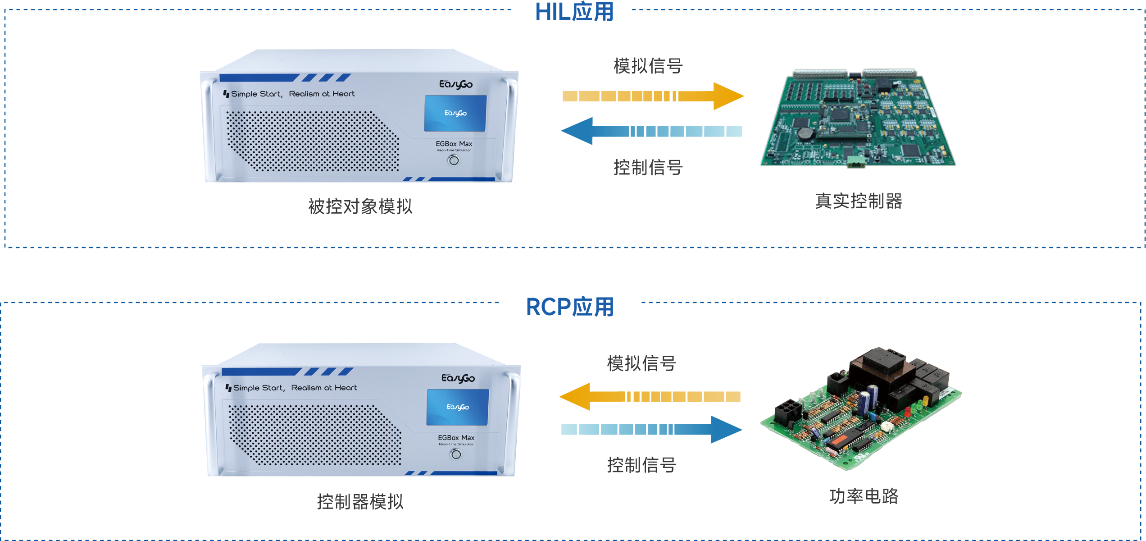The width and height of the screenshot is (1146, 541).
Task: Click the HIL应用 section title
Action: pos(574,12)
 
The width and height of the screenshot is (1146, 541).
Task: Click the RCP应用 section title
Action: pos(570,307)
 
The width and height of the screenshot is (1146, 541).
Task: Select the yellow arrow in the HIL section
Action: pos(653,96)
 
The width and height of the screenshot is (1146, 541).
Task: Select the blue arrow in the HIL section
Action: pos(651,131)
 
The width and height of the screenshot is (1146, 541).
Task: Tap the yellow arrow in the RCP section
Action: pos(650,397)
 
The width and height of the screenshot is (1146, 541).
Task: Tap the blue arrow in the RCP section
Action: pos(652,429)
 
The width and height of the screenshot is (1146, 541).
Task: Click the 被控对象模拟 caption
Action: pos(360,206)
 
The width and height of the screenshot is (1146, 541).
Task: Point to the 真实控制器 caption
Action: pos(859,201)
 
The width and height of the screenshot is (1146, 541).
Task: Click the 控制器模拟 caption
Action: pos(360,501)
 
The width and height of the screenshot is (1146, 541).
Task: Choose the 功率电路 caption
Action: pos(864,496)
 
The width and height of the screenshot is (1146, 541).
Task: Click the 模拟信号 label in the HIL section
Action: pos(648,66)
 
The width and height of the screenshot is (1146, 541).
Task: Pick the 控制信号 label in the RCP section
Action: pos(641,465)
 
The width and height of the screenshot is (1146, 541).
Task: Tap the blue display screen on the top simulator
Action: pos(455,113)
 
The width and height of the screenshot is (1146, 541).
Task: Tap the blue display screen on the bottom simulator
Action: pos(458,407)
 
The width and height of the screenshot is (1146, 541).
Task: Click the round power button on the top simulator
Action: pos(454,160)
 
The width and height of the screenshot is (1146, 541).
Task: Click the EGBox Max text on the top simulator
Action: pos(454,144)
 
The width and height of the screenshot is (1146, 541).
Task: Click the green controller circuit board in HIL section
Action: pos(858,118)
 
